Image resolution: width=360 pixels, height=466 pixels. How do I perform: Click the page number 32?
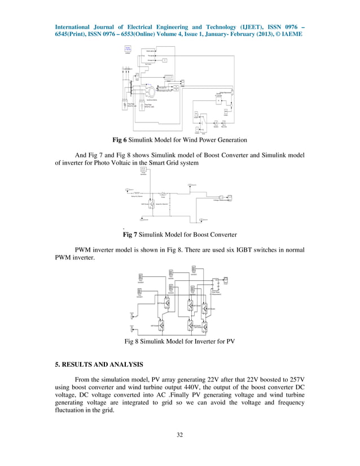point(180,434)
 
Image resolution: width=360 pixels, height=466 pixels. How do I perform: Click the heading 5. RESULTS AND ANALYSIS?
point(99,363)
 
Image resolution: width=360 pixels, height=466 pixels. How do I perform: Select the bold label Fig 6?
point(121,139)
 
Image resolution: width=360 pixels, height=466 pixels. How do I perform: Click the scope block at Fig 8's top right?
point(226,279)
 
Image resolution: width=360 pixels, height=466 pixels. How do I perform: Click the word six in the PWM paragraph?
point(228,250)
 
